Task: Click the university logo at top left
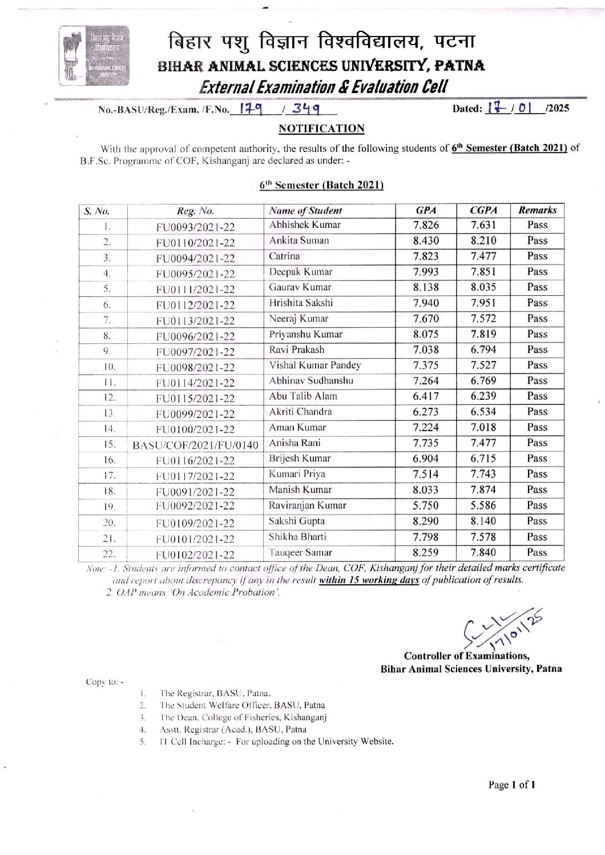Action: (95, 56)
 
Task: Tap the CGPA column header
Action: (483, 210)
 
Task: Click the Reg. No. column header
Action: (195, 211)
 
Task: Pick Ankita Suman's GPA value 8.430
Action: (426, 241)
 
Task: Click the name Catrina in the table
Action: (284, 256)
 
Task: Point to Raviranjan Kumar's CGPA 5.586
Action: (483, 505)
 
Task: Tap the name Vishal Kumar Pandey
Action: (314, 366)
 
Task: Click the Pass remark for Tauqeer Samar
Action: (537, 552)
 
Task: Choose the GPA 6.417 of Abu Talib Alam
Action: (426, 396)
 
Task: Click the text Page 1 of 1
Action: (511, 785)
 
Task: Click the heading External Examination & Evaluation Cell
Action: (323, 87)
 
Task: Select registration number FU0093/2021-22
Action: (195, 227)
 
